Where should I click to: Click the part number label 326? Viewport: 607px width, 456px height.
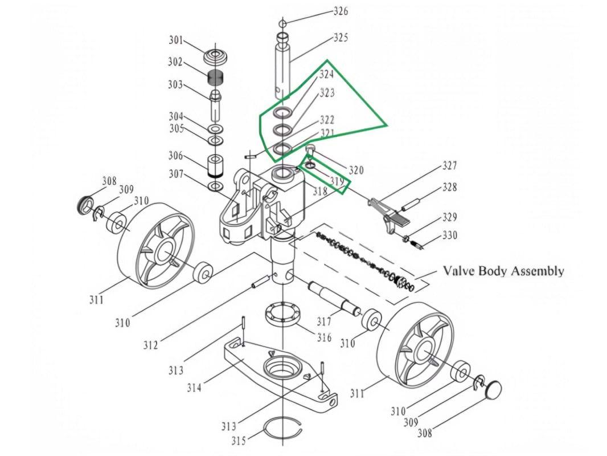click(341, 11)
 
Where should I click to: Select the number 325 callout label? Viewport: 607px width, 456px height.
click(341, 38)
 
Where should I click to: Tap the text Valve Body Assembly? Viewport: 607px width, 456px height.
click(503, 271)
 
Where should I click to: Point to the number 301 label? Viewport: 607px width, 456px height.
click(176, 40)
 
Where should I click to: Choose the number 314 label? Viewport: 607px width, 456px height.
click(194, 388)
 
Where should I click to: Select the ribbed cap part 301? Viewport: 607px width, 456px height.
click(216, 58)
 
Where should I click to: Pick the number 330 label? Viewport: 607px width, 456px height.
click(450, 235)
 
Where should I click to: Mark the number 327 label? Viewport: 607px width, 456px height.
click(450, 166)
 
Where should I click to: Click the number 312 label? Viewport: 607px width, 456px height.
click(151, 345)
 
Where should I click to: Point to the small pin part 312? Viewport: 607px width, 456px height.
click(260, 281)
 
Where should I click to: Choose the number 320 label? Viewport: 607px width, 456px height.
click(356, 170)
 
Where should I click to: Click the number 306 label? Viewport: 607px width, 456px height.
click(175, 155)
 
